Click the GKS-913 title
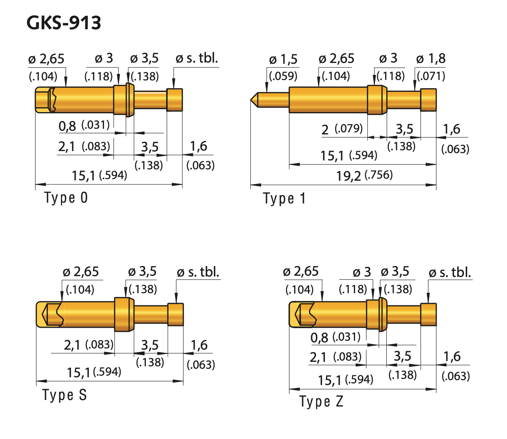64,23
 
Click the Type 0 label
66,198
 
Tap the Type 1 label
284,199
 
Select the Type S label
65,395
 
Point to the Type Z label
321,402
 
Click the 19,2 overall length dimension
348,176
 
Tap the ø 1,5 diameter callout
283,60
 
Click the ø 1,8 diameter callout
431,59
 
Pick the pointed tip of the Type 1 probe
251,99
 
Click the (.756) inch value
379,175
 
